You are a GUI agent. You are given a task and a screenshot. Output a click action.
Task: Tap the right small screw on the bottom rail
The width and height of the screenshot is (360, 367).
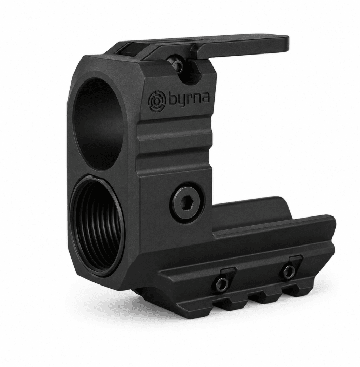[x=289, y=271]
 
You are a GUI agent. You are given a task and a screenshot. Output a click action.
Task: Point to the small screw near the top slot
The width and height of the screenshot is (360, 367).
[x=177, y=63]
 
